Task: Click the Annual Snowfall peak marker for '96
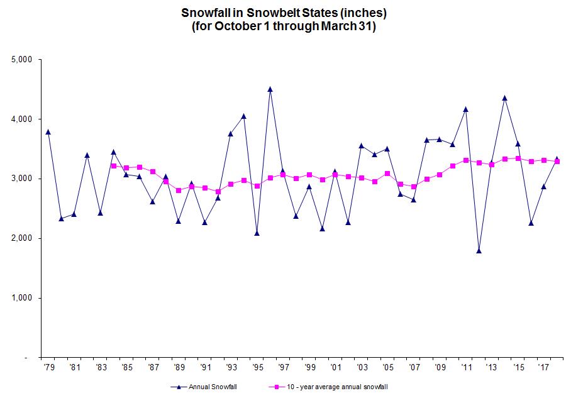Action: pos(270,89)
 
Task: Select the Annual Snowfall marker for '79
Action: pos(48,132)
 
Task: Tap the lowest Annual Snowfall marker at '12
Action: pos(479,251)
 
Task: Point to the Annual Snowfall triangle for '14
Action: pos(505,98)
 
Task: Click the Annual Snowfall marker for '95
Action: pos(257,233)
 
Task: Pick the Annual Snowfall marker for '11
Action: pos(466,109)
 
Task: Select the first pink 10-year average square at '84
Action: pos(114,166)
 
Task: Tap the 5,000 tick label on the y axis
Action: pos(22,60)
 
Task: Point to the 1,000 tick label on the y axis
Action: pos(22,298)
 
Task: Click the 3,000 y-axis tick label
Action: pos(22,179)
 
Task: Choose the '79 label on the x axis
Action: pos(48,365)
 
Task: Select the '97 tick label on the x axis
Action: pos(283,365)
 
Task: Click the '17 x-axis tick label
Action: pos(544,365)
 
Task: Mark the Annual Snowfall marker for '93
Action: pos(231,133)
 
